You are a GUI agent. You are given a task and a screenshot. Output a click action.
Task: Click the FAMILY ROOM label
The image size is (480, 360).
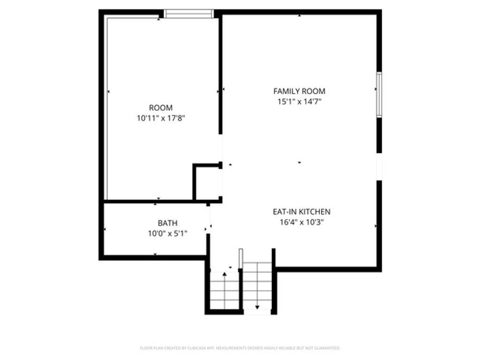(x=299, y=91)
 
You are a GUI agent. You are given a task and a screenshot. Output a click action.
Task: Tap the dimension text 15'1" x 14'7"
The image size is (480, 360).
(x=299, y=101)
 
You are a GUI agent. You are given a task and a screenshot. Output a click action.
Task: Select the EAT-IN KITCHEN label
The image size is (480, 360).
(x=302, y=212)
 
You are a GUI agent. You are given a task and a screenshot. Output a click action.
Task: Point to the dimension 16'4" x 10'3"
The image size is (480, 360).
(x=302, y=222)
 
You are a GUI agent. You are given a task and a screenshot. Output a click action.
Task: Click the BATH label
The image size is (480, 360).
(x=167, y=223)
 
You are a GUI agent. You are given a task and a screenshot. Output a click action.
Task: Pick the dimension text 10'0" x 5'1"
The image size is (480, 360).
(x=167, y=233)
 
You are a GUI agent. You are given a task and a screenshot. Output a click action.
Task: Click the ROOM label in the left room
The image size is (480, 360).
(x=161, y=108)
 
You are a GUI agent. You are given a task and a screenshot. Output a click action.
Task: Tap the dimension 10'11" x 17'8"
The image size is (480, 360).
(x=161, y=118)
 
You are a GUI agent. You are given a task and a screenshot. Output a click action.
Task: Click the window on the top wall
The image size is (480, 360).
(x=189, y=14)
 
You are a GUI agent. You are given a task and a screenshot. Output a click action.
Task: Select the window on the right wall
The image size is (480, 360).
(x=379, y=95)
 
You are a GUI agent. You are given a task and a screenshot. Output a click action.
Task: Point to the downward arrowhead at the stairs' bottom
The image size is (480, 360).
(x=257, y=307)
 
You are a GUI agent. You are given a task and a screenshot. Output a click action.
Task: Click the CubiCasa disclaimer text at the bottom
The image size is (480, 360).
(x=240, y=348)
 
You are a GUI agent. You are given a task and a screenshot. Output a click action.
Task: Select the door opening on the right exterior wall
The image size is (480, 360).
(x=379, y=167)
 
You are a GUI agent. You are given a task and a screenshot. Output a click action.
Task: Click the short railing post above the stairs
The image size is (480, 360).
(x=241, y=258)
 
